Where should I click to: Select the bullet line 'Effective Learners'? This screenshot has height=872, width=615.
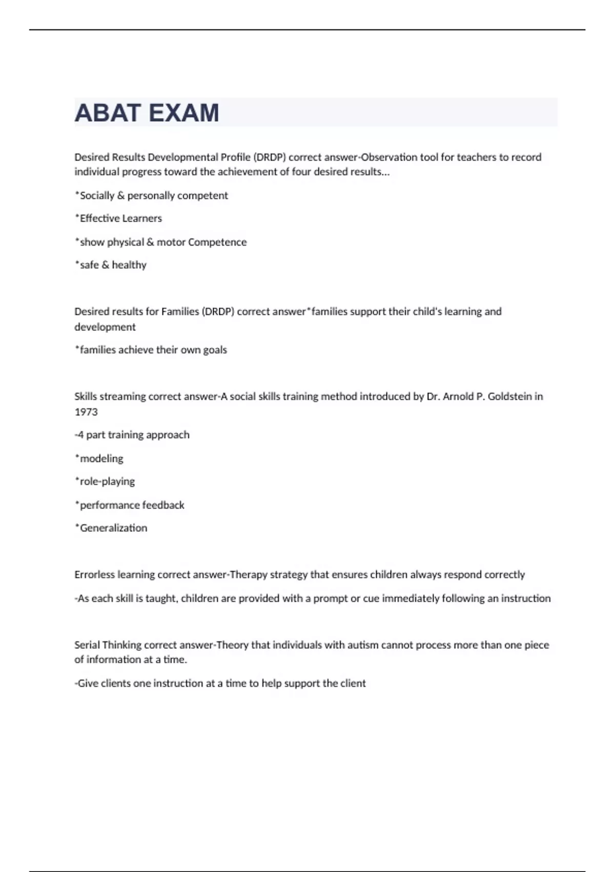(x=119, y=219)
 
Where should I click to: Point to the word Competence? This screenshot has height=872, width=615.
(x=217, y=242)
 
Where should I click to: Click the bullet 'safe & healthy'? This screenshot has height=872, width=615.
(x=111, y=265)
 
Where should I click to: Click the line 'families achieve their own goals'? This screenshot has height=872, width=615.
(x=151, y=350)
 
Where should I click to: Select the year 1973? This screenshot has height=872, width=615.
(x=86, y=412)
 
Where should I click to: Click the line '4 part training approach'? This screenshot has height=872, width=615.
(x=133, y=435)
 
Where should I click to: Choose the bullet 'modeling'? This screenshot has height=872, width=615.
(x=100, y=459)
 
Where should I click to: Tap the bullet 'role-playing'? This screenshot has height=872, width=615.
(x=106, y=482)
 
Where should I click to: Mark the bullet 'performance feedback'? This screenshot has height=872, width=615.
(x=130, y=505)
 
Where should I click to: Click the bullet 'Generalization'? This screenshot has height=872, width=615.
(x=112, y=528)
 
